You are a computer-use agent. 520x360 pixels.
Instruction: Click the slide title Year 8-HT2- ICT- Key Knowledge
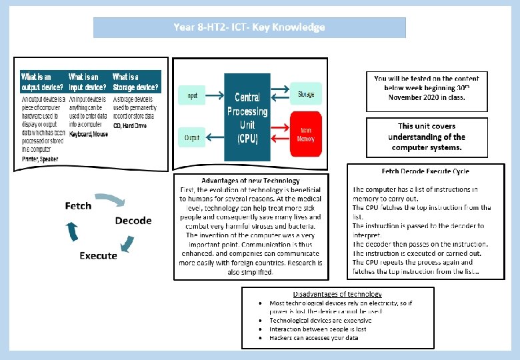(x=249, y=27)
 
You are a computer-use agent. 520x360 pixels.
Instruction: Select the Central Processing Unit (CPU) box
(x=247, y=118)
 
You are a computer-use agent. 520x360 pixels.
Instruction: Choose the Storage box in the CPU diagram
(x=306, y=94)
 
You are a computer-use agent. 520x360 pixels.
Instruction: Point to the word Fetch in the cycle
(x=78, y=206)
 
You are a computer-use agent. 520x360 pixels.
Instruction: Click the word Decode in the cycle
(x=133, y=221)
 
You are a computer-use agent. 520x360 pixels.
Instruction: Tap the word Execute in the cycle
(x=98, y=255)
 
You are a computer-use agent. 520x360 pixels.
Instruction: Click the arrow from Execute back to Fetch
(x=71, y=231)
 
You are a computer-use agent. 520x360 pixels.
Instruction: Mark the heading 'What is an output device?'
(x=43, y=82)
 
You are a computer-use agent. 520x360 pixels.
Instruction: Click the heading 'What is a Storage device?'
(x=135, y=82)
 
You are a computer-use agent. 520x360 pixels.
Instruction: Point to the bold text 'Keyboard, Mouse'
(x=88, y=134)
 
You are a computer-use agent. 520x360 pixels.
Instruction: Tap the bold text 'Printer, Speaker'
(x=40, y=159)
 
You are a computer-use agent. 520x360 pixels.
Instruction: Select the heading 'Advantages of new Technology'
(x=251, y=181)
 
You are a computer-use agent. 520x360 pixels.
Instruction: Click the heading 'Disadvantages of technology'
(x=337, y=294)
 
